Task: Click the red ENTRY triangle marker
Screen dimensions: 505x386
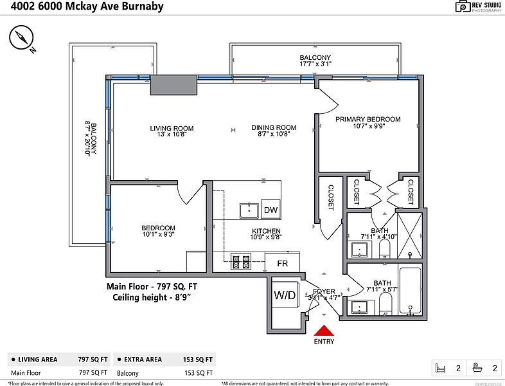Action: coord(324,331)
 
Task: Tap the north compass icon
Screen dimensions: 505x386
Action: coord(21,38)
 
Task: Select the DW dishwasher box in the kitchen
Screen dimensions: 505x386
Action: coord(271,210)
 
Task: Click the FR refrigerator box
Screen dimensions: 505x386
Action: coord(283,263)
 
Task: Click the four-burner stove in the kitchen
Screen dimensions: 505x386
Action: coord(241,262)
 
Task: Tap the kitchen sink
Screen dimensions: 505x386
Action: coord(249,210)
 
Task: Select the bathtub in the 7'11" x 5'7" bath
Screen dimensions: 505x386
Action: coord(411,291)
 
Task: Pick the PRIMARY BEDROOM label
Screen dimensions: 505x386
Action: coord(368,119)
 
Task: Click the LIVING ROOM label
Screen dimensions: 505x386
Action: coord(172,128)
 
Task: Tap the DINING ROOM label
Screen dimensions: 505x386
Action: coord(274,127)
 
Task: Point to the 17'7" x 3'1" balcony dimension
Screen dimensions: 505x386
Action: coord(315,64)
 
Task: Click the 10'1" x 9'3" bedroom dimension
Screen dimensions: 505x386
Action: coord(158,234)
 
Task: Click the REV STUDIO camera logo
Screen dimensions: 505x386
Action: coord(463,6)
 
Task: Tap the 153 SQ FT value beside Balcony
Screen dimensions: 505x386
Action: coord(199,373)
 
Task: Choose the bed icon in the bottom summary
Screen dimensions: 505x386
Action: coord(440,368)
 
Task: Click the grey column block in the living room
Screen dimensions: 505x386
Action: coord(173,85)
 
